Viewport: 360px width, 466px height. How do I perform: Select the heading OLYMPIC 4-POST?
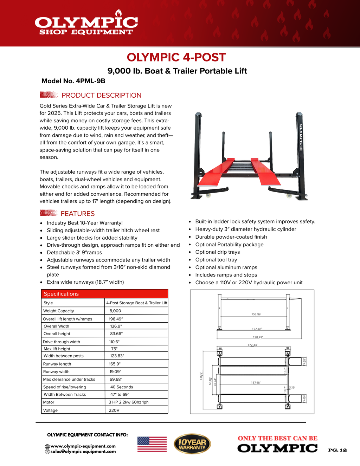point(176,57)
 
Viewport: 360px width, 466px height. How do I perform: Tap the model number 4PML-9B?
point(73,81)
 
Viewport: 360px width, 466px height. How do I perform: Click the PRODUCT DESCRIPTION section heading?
point(101,95)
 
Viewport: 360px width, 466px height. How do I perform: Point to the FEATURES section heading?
point(77,214)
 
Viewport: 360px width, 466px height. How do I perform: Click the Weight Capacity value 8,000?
point(115,311)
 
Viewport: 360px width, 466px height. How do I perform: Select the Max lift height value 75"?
point(114,349)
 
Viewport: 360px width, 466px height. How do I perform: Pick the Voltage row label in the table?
point(50,410)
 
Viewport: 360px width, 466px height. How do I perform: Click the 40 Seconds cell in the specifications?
point(122,387)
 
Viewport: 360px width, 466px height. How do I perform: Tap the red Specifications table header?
point(104,294)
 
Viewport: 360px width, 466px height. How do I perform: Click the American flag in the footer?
point(152,444)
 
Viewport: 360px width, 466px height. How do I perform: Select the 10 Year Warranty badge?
point(192,444)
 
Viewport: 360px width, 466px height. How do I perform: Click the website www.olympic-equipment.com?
point(83,446)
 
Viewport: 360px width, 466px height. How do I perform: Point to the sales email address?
point(83,452)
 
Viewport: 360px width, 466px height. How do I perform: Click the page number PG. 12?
point(337,450)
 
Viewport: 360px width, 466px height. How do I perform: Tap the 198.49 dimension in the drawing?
point(258,337)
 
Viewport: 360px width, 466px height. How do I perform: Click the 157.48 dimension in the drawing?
point(256,383)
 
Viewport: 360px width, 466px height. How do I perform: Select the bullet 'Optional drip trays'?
point(218,252)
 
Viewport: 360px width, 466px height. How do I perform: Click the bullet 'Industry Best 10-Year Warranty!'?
point(85,223)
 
